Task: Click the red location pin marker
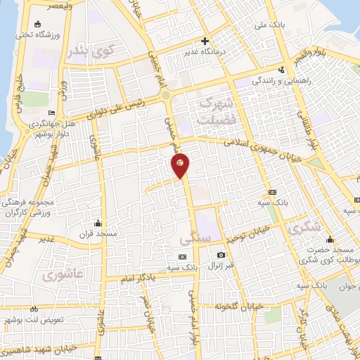pos(181,165)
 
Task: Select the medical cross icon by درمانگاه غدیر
pos(205,40)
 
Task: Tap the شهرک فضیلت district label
pos(214,111)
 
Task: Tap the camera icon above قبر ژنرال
pos(221,254)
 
